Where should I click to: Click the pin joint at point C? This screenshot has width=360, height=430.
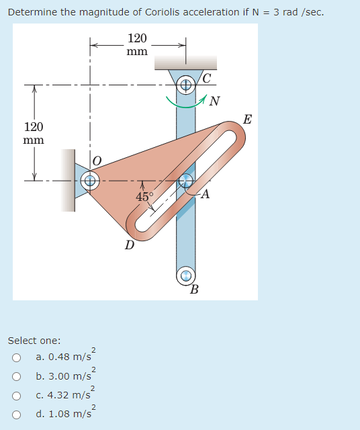point(186,86)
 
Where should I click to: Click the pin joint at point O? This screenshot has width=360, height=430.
point(90,180)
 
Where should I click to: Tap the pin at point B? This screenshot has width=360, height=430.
point(186,275)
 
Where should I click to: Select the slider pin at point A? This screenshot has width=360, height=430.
point(186,180)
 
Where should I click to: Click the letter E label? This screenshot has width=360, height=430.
point(247,120)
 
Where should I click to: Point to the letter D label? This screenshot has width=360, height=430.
point(129,245)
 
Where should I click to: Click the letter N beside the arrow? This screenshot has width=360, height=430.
point(214,102)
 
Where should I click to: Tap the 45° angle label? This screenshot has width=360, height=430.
point(144,196)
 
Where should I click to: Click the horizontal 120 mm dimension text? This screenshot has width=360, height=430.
point(138,45)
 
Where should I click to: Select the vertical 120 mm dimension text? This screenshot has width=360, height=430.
point(34,134)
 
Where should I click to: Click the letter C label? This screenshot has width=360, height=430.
point(207,79)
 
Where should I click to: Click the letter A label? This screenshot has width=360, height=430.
point(205,195)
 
